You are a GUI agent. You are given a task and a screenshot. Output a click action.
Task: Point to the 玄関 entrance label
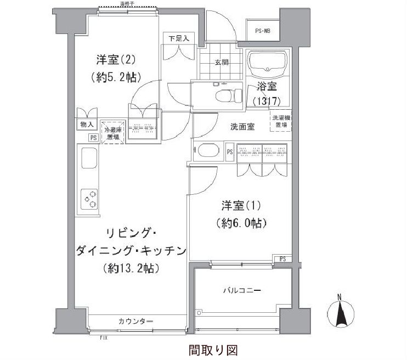[222, 63]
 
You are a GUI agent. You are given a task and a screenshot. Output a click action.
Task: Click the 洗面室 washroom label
[242, 127]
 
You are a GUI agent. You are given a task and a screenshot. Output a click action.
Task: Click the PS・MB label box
[263, 31]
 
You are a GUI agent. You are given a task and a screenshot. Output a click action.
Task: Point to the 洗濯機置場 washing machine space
[280, 121]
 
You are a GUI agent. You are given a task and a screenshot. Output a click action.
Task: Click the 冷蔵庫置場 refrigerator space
[114, 134]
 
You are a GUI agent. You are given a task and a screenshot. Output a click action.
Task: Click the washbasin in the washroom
[208, 151]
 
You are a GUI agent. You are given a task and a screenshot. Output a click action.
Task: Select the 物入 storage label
[87, 125]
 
